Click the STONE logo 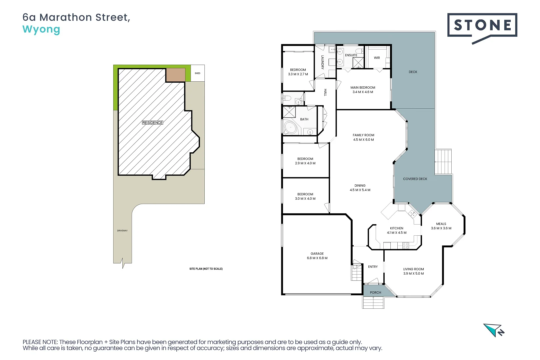click(482, 26)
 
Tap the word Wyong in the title click(41, 29)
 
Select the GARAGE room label click(317, 254)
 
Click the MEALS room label click(441, 224)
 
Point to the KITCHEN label click(397, 228)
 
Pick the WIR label click(377, 58)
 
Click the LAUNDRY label click(322, 62)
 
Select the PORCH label click(375, 293)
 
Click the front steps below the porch click(373, 303)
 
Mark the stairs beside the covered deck click(443, 162)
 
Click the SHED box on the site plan click(197, 73)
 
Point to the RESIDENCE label click(153, 123)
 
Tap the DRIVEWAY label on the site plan click(122, 231)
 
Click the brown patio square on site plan click(176, 75)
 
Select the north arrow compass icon click(494, 330)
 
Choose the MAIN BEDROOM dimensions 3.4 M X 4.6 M click(363, 92)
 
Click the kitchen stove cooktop click(406, 246)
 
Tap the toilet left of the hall click(287, 98)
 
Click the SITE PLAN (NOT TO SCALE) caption click(206, 269)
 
